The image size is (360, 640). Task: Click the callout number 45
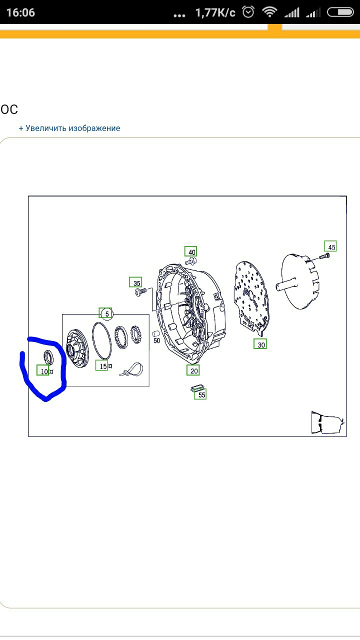pyautogui.click(x=330, y=246)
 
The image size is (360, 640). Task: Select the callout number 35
pyautogui.click(x=135, y=282)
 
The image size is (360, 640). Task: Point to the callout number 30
pyautogui.click(x=260, y=344)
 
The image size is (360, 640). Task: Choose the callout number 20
pyautogui.click(x=193, y=370)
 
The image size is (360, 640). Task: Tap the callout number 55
pyautogui.click(x=200, y=394)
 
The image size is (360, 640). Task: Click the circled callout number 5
pyautogui.click(x=106, y=313)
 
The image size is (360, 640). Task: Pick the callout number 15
pyautogui.click(x=102, y=366)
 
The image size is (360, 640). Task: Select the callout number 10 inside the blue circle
pyautogui.click(x=43, y=371)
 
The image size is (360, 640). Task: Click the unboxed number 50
pyautogui.click(x=156, y=341)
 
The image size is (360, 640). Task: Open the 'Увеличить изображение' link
pyautogui.click(x=69, y=128)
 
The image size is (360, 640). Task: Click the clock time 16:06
pyautogui.click(x=20, y=12)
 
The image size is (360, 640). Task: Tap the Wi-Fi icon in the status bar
pyautogui.click(x=269, y=12)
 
